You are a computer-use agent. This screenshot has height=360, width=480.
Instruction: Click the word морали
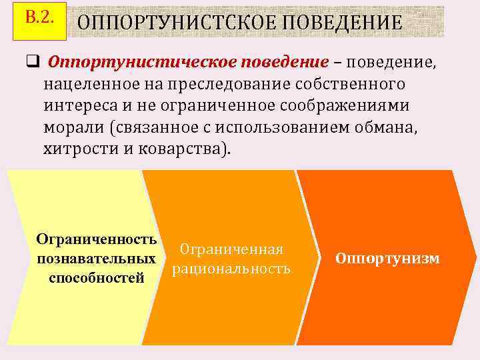pos(70,127)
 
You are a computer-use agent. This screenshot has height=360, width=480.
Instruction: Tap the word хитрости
pos(76,149)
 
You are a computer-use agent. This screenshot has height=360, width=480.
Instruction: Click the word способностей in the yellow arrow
pos(97,277)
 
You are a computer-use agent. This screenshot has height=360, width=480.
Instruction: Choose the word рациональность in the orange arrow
pos(231,269)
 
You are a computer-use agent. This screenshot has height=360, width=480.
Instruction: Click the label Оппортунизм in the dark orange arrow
pos(387,258)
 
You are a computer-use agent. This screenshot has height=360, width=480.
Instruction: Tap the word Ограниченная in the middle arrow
pos(231,249)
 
